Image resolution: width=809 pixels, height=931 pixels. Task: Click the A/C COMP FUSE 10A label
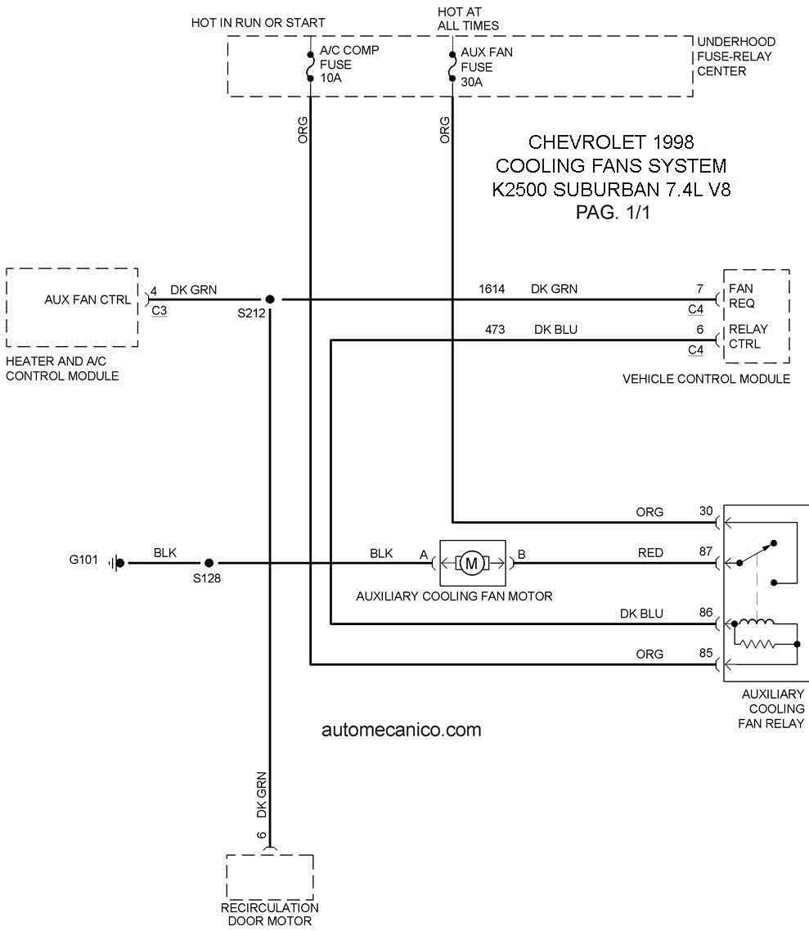click(349, 64)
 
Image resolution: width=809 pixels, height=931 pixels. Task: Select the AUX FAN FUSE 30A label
click(486, 67)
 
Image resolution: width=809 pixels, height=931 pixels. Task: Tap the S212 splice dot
click(269, 299)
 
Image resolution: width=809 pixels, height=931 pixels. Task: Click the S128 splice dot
click(209, 563)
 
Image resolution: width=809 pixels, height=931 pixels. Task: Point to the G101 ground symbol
click(118, 563)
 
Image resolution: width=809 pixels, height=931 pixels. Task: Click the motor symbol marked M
click(472, 563)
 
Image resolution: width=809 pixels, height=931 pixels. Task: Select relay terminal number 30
click(706, 510)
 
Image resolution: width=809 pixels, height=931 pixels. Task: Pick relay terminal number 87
click(706, 551)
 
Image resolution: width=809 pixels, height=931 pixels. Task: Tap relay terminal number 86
click(706, 612)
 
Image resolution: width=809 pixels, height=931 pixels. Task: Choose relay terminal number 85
click(706, 653)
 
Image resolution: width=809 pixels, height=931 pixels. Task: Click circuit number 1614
click(492, 289)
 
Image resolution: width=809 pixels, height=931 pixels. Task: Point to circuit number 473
click(494, 330)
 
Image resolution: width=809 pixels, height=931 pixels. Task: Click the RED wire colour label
click(650, 553)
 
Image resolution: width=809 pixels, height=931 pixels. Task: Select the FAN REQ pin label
click(741, 295)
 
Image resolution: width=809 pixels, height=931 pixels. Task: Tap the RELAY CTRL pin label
click(748, 336)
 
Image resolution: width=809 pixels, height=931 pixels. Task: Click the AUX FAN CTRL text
click(88, 300)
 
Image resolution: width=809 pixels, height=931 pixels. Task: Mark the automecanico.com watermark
click(402, 730)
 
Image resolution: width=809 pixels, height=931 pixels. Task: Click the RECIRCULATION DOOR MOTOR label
click(269, 915)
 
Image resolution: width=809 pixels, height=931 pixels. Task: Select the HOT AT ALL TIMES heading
click(468, 18)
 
